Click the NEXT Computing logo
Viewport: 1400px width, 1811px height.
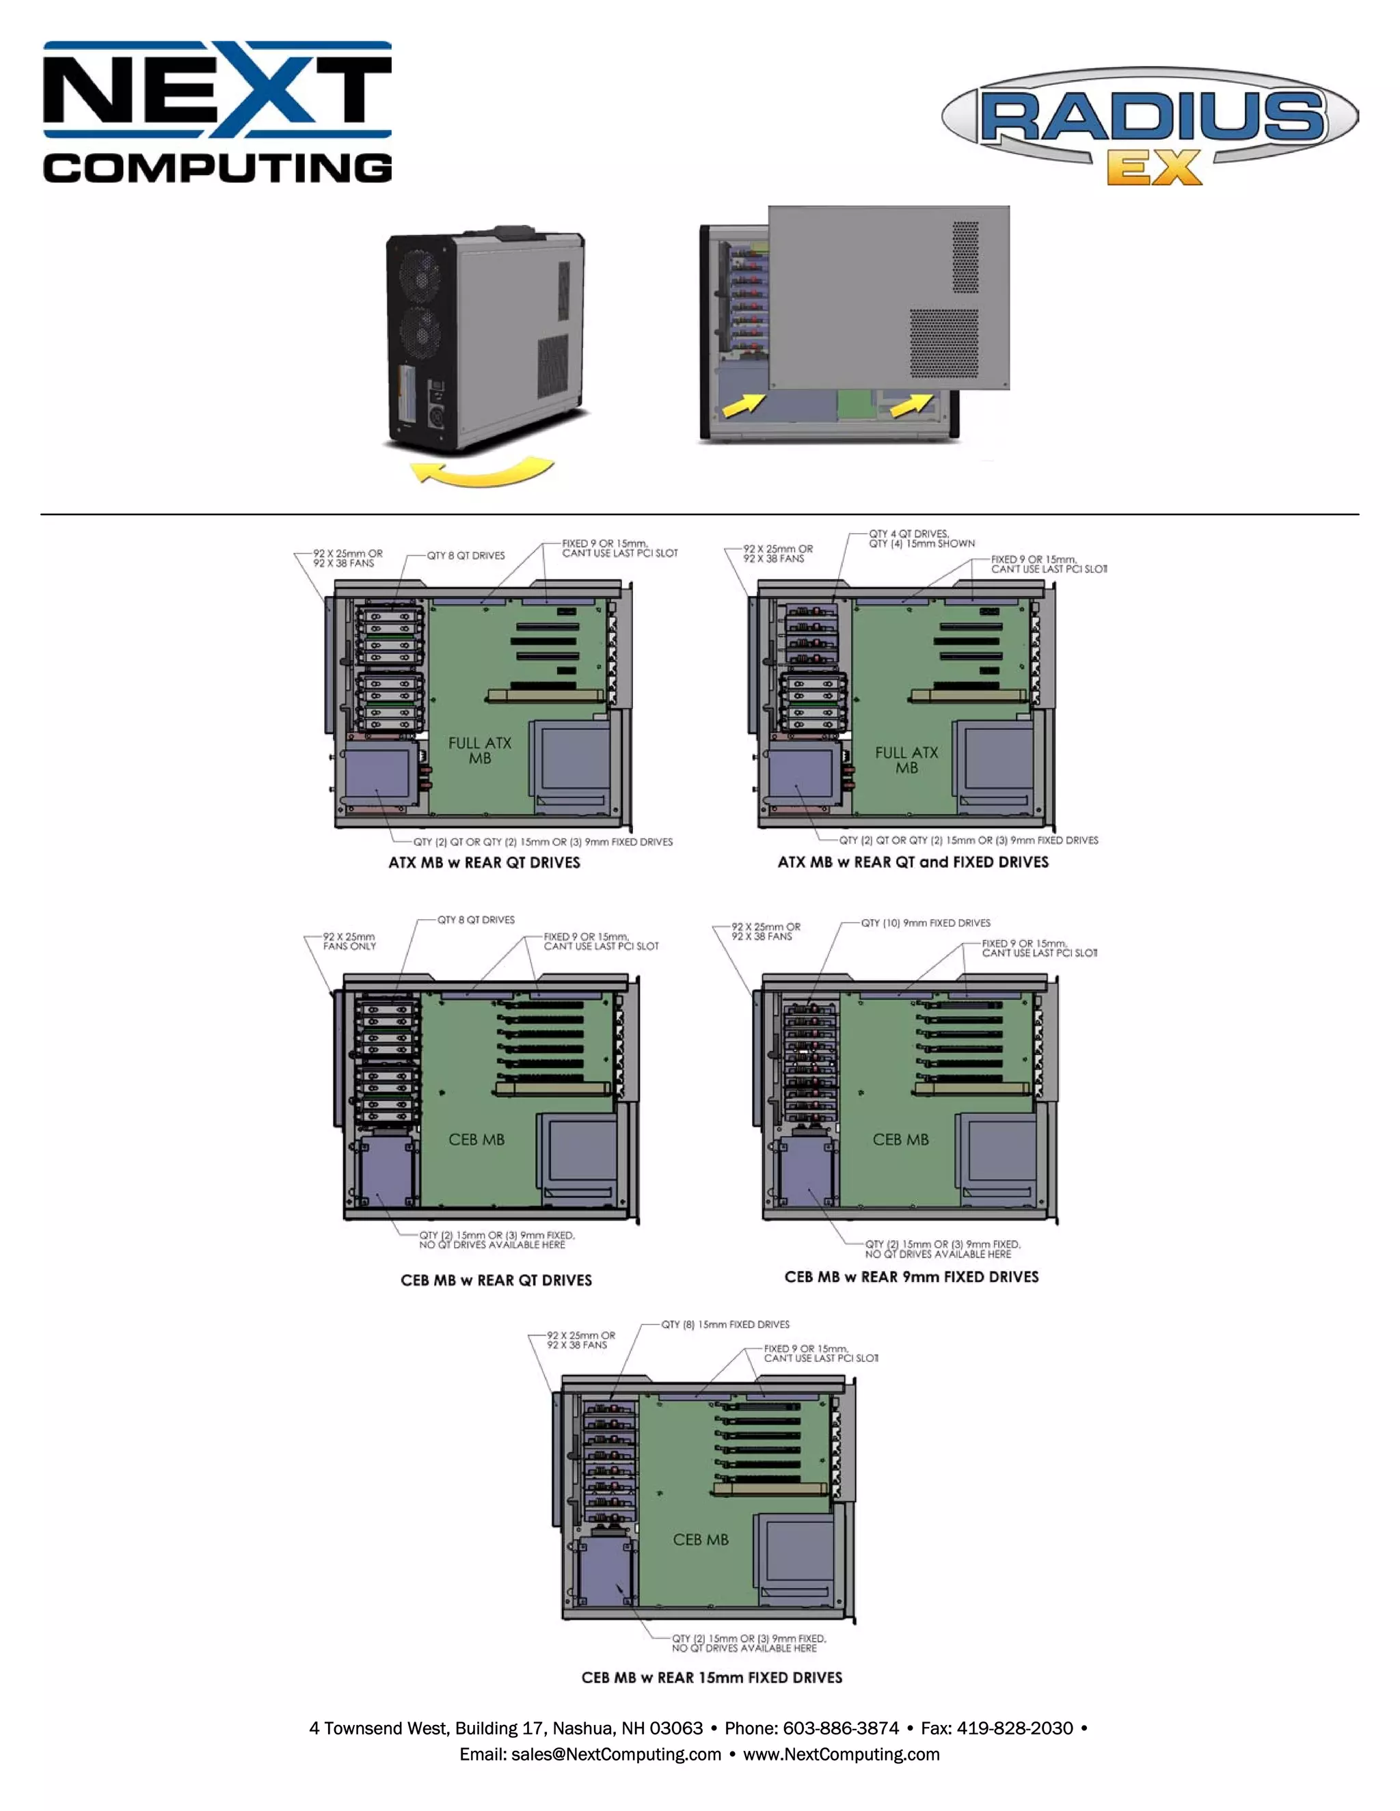[217, 112]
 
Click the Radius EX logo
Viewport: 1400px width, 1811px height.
[1150, 124]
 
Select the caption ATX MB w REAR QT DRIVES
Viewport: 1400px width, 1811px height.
[485, 862]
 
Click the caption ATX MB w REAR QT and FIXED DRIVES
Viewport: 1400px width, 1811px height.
[913, 862]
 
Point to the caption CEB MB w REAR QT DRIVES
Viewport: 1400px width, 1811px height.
[496, 1280]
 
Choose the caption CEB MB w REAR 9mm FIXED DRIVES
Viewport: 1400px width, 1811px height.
[911, 1277]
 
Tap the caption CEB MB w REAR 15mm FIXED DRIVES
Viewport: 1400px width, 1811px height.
[712, 1678]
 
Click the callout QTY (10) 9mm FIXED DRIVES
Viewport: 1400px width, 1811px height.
[925, 923]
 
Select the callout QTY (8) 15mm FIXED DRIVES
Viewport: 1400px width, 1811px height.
[725, 1324]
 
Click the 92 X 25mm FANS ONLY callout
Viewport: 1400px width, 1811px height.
[349, 941]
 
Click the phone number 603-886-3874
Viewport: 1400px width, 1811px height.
[840, 1728]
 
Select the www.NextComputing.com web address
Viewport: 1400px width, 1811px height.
[841, 1754]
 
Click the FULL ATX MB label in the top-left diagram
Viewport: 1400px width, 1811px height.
[479, 750]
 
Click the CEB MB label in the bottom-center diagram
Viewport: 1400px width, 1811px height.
[700, 1540]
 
